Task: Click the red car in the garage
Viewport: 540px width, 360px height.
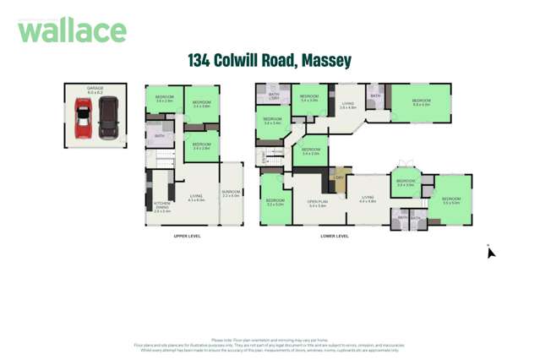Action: (82, 117)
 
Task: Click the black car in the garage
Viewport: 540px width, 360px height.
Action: (108, 117)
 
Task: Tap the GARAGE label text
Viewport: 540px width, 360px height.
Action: (95, 89)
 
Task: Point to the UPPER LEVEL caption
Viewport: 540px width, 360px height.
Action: (187, 236)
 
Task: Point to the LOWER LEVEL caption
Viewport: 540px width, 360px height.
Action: (335, 236)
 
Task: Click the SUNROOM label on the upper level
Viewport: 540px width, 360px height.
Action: (231, 194)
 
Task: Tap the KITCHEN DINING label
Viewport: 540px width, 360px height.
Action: (161, 206)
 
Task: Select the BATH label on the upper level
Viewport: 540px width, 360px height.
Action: (159, 135)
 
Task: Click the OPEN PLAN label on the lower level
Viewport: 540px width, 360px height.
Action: (318, 203)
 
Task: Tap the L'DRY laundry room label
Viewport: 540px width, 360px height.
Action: (340, 177)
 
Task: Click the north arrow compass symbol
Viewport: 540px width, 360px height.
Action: (490, 252)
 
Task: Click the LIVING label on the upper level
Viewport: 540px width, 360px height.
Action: (196, 198)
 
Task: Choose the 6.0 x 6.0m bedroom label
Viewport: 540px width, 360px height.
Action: (420, 102)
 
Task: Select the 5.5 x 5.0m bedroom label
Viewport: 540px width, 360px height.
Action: (450, 200)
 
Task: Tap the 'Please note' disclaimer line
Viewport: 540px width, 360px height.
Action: (270, 340)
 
